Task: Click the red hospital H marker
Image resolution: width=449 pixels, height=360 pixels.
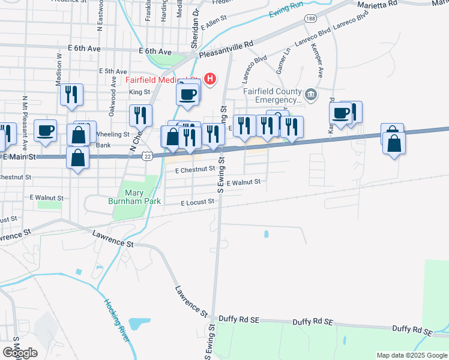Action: click(209, 78)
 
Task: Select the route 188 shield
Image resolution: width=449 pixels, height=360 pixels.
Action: click(310, 19)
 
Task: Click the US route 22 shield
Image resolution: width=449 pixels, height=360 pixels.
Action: click(146, 156)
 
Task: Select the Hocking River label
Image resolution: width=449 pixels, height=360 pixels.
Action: click(117, 321)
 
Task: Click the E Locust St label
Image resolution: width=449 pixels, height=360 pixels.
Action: click(197, 203)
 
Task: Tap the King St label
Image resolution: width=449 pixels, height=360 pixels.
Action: click(139, 92)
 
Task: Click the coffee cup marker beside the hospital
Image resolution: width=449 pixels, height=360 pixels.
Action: click(188, 94)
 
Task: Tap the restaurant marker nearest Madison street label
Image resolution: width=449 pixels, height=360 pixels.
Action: click(71, 94)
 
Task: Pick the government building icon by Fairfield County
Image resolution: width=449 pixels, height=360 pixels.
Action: click(311, 94)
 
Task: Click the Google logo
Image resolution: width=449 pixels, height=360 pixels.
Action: click(20, 353)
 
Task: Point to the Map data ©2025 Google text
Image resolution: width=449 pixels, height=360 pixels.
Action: click(412, 355)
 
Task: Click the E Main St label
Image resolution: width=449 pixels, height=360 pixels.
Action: click(20, 156)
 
